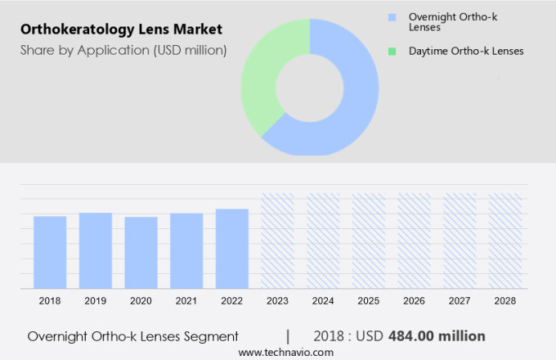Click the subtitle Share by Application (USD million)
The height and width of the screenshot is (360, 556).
pyautogui.click(x=123, y=50)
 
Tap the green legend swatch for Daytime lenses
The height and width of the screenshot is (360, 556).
pyautogui.click(x=392, y=51)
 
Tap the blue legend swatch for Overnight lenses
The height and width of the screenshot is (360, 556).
pyautogui.click(x=392, y=17)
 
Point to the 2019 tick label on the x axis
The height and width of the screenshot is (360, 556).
pyautogui.click(x=95, y=301)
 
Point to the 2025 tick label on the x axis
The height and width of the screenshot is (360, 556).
pyautogui.click(x=368, y=301)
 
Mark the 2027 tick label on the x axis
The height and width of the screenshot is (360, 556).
pyautogui.click(x=460, y=301)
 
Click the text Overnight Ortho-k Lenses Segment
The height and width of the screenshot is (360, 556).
pyautogui.click(x=132, y=336)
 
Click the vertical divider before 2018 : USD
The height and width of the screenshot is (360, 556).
pyautogui.click(x=288, y=335)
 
